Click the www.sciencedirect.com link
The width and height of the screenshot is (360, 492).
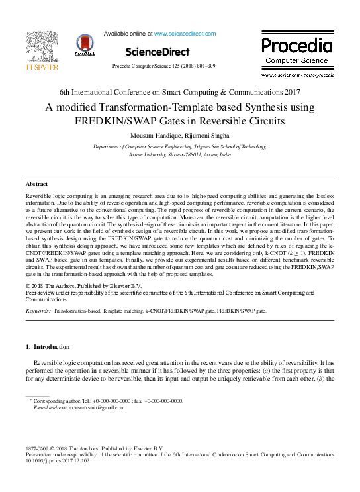coord(185,33)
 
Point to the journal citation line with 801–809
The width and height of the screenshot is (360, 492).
coord(163,68)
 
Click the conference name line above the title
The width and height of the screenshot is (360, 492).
coord(179,92)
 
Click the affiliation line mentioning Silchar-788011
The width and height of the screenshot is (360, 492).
coord(179,153)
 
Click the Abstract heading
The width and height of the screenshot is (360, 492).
coord(36,183)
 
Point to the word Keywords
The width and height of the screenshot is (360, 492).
coord(38,310)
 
